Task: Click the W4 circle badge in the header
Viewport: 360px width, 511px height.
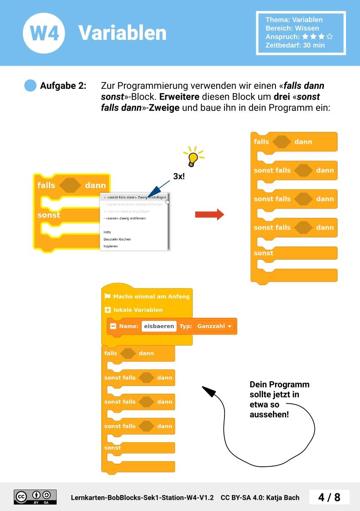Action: tap(44, 33)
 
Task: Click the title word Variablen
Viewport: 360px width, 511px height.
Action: tap(122, 33)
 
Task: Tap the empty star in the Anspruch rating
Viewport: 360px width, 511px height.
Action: tap(330, 37)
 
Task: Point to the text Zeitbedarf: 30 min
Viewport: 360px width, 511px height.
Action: tap(295, 45)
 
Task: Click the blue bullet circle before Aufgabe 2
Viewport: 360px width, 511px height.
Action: tap(30, 85)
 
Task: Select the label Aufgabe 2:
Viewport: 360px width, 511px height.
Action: tap(63, 85)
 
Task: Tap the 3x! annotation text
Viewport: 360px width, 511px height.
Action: tap(179, 176)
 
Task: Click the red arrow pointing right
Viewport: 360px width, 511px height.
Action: tap(209, 214)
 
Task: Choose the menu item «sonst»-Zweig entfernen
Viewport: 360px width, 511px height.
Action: tap(125, 218)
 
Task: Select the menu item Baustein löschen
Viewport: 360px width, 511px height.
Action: tap(117, 239)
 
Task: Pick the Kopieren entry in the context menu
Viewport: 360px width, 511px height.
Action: tap(110, 246)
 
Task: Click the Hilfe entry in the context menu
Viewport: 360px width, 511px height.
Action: tap(107, 232)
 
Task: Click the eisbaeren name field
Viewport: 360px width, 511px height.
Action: tap(159, 326)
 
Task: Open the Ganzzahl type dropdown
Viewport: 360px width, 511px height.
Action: tap(215, 326)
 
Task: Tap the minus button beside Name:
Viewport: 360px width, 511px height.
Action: tap(113, 326)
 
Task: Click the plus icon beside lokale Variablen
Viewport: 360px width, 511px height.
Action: tap(108, 310)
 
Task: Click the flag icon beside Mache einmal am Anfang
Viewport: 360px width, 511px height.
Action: tap(108, 296)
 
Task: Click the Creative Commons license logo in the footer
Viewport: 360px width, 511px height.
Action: tap(35, 497)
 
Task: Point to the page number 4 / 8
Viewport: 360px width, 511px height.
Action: tap(329, 497)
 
